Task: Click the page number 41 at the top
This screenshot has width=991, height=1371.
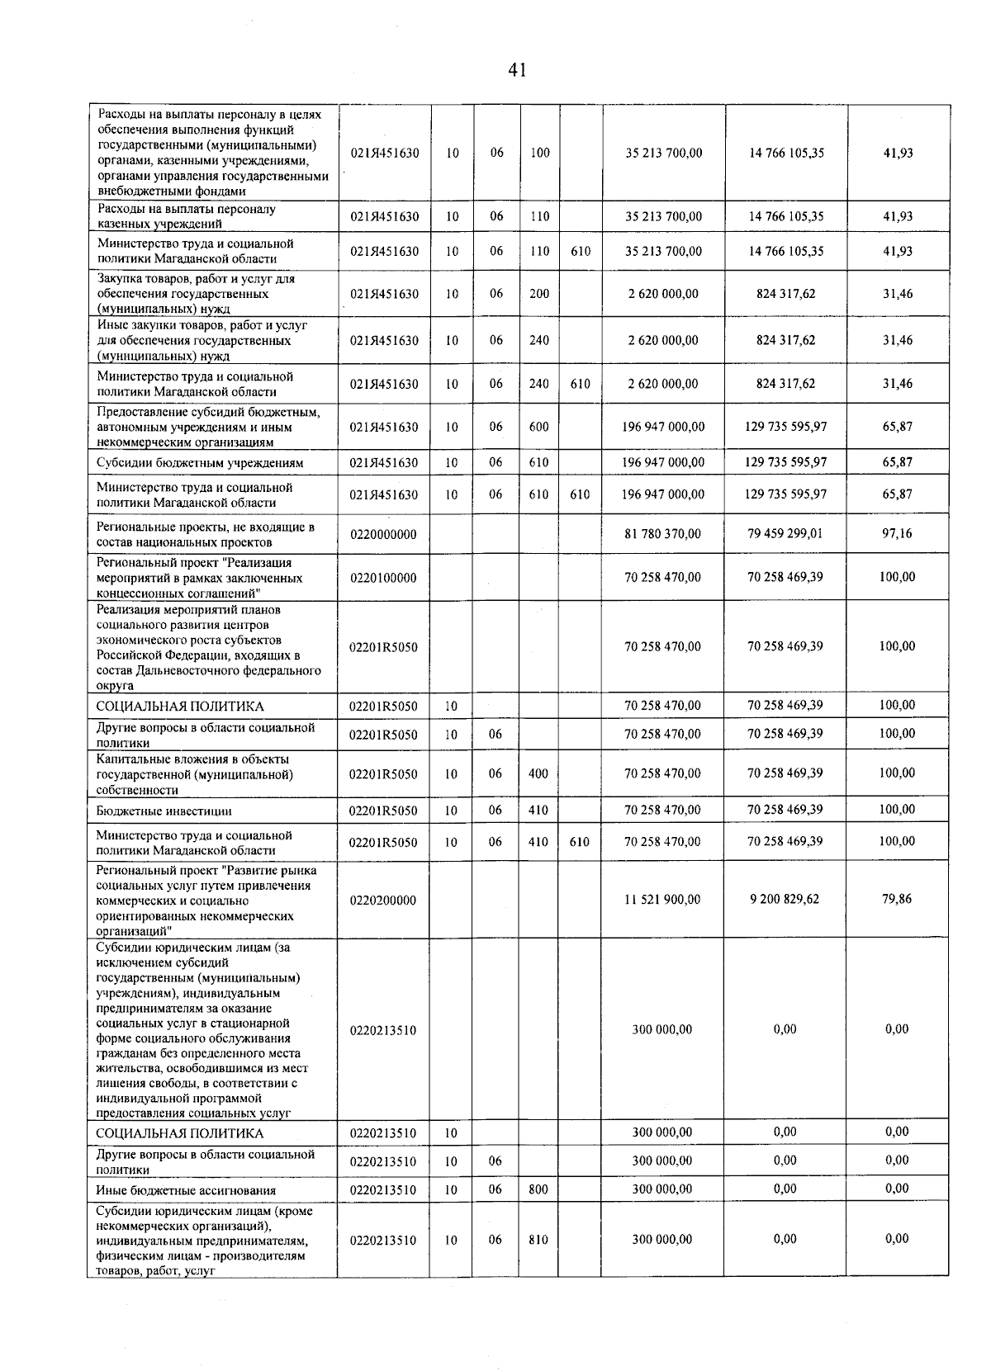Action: [517, 70]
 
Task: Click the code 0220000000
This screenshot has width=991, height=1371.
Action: [383, 535]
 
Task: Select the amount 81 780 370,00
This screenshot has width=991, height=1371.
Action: [662, 534]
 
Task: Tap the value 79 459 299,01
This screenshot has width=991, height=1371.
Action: [785, 533]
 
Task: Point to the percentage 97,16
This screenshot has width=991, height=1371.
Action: [897, 533]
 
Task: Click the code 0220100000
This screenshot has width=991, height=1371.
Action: [383, 578]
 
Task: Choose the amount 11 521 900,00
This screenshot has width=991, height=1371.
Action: [662, 899]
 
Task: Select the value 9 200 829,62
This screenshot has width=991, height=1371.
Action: [785, 898]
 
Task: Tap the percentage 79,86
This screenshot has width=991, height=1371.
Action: [897, 898]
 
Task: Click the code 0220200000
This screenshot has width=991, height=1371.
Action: [383, 900]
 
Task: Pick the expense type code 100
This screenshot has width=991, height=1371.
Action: [539, 153]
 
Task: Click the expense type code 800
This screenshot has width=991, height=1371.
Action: [538, 1189]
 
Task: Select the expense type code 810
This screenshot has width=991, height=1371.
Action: [538, 1239]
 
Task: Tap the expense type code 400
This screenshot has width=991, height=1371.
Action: [538, 773]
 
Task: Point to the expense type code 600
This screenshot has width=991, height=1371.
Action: [538, 427]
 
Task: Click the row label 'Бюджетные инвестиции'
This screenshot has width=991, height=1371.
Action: [164, 811]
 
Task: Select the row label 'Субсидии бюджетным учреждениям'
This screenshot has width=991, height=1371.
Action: [200, 463]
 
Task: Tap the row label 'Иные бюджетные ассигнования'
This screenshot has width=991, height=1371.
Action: [185, 1190]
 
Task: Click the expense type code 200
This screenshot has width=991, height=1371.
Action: [538, 293]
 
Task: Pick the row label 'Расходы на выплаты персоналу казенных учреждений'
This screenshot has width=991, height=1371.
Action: [187, 216]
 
